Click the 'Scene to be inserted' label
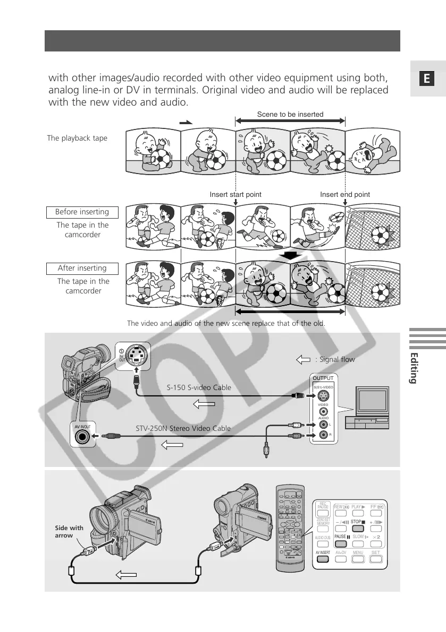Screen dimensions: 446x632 coord(290,114)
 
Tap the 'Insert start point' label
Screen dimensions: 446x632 coord(235,195)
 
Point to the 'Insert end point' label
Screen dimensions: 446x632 coord(345,195)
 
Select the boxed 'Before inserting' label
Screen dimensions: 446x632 coord(82,212)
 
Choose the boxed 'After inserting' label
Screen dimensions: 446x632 coord(82,269)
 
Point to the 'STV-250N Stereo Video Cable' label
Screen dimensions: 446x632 coord(184,428)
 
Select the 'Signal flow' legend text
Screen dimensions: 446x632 coord(335,360)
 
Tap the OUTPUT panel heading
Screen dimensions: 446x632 coord(324,378)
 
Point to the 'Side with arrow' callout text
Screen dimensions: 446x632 coord(70,532)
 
